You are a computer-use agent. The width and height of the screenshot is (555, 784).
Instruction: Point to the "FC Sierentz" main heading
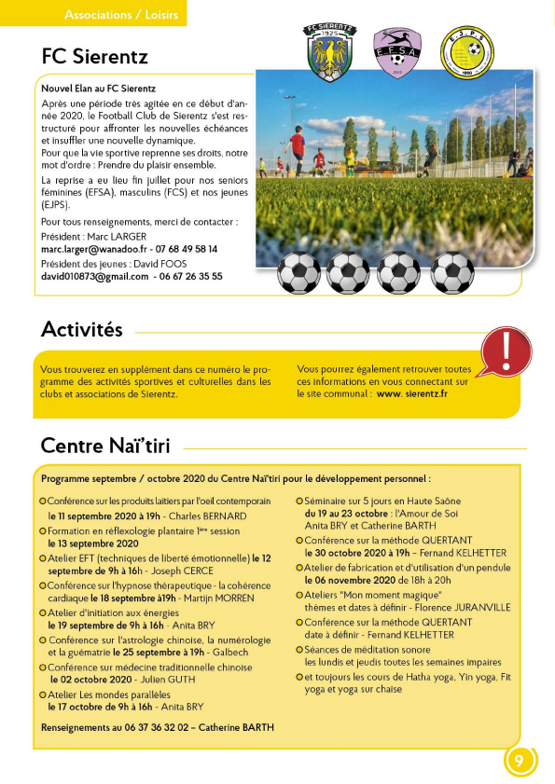coord(94,57)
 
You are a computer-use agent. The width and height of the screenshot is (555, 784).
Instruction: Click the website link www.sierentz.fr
coord(412,394)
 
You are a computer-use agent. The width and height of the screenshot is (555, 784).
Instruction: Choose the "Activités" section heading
coord(82,330)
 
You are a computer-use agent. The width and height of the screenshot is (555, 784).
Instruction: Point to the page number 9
coord(520,761)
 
